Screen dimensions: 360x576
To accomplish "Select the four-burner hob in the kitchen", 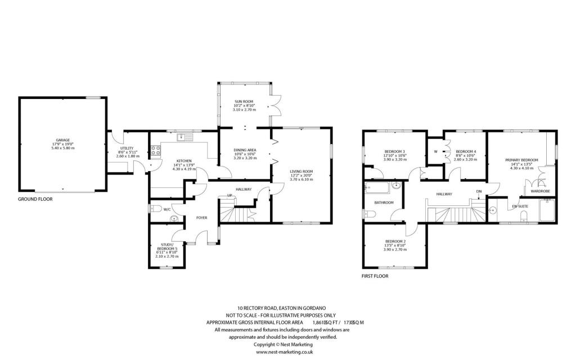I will click(x=156, y=150).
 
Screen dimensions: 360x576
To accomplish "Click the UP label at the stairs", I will click(x=229, y=195).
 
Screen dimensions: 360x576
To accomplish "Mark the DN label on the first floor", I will click(x=479, y=191).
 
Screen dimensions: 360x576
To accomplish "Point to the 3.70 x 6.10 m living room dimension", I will click(x=301, y=179).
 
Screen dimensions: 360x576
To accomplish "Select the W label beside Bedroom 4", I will click(x=435, y=151).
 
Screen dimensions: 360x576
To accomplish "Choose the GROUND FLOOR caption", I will click(x=35, y=199).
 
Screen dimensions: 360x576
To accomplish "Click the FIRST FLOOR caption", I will click(x=375, y=276).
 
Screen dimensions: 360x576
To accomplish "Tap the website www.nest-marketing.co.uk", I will click(x=284, y=352).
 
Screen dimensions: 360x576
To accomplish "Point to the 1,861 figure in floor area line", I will click(x=319, y=322).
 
